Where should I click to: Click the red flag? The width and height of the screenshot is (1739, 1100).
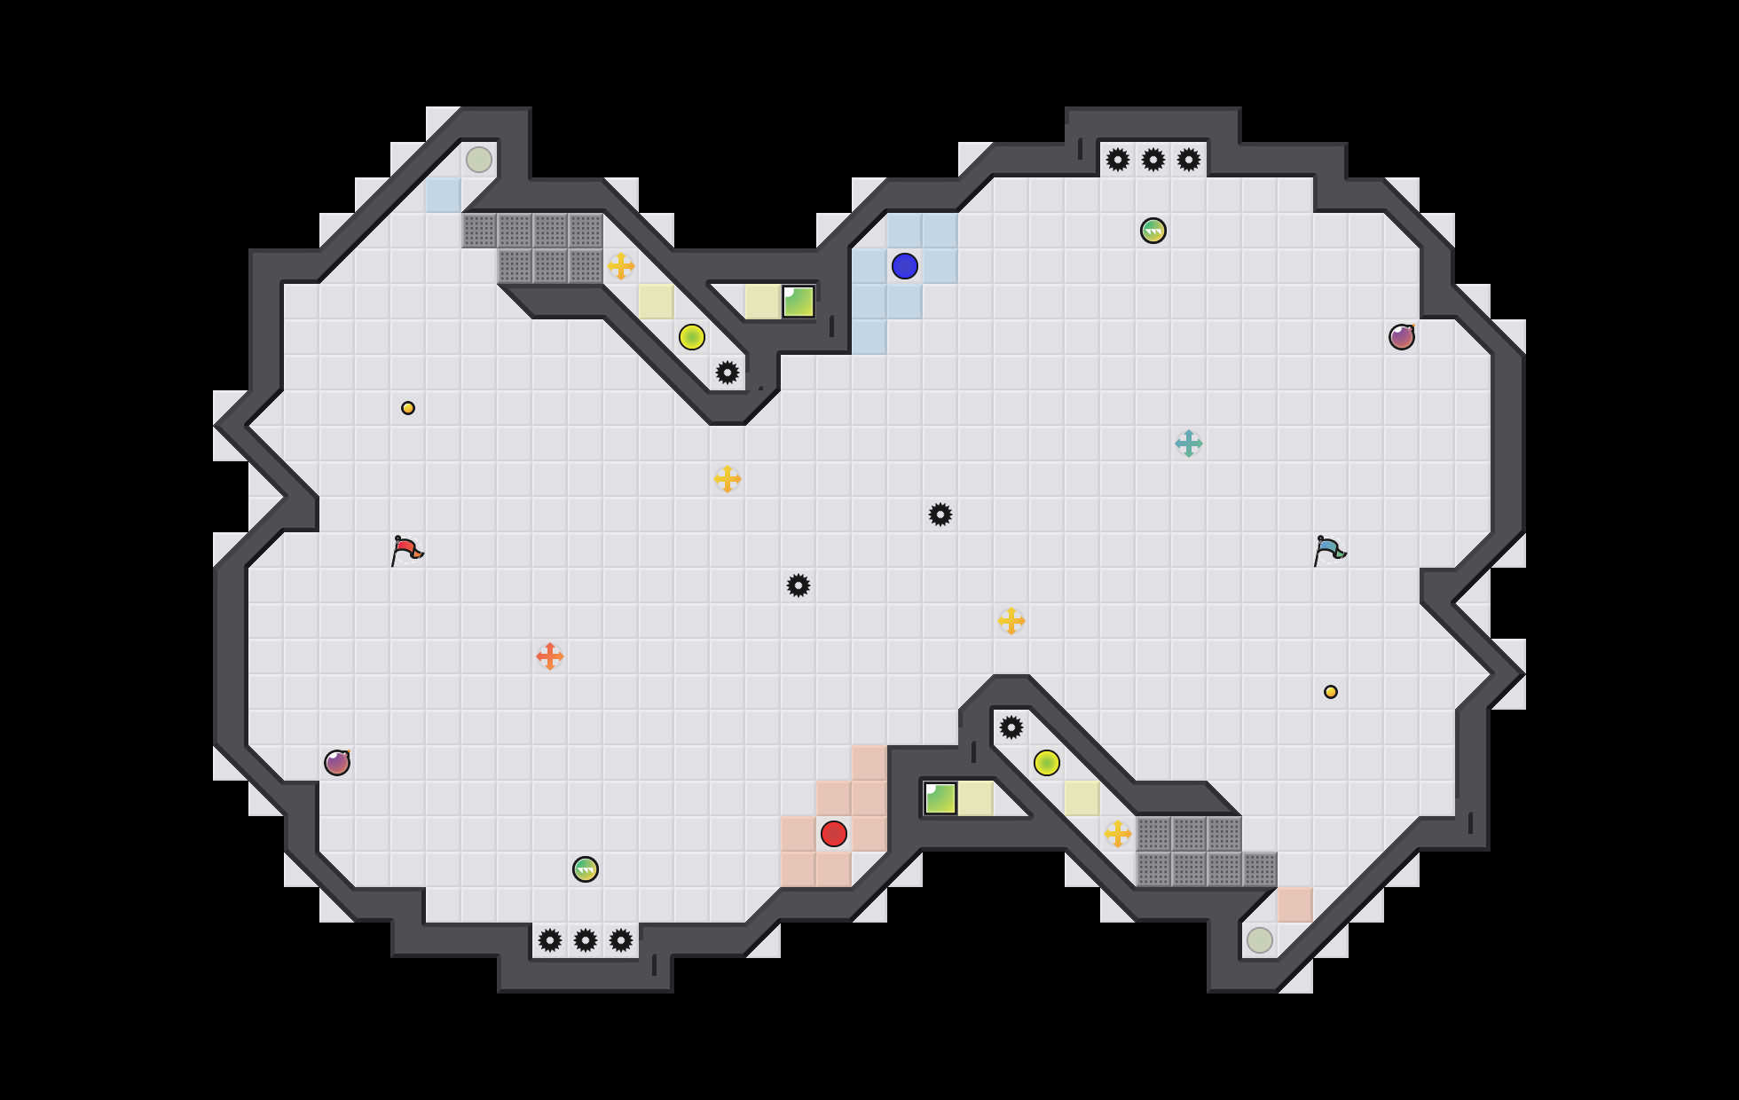406,550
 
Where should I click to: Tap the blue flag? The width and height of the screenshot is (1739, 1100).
1329,550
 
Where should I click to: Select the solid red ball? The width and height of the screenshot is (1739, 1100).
834,834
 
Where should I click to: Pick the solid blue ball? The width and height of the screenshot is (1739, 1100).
905,266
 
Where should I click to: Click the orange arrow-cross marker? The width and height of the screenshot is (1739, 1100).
550,656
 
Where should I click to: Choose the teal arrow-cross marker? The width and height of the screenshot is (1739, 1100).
1189,444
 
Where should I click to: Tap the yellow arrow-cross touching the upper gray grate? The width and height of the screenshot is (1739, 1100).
621,266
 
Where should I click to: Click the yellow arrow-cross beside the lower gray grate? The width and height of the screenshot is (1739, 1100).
1118,834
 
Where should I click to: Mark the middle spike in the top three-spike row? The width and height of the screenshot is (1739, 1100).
1153,160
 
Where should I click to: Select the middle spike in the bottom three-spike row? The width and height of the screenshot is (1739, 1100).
586,940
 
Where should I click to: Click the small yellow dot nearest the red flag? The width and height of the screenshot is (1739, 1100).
408,408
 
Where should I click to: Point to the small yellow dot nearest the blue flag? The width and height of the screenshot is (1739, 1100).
1331,692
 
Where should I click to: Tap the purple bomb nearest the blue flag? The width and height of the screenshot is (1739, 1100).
1402,337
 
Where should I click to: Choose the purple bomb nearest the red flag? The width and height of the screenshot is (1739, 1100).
337,763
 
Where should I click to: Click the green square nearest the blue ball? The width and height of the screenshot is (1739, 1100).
799,302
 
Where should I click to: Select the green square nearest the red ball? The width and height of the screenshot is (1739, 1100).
940,798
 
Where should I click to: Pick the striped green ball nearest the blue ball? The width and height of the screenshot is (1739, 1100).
1153,231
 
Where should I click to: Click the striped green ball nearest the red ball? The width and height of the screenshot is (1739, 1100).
586,869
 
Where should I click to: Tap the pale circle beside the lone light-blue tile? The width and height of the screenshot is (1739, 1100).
479,160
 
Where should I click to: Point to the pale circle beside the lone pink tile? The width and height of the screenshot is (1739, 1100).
1260,940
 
